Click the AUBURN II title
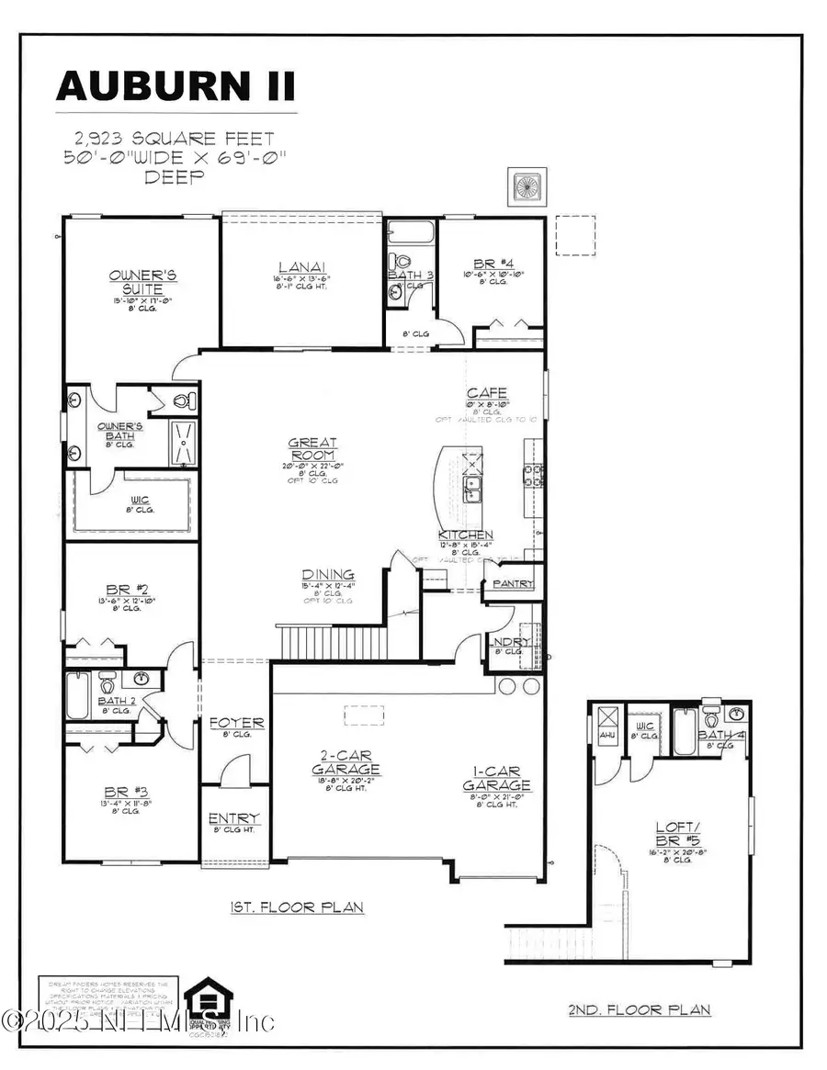176,85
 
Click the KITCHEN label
466,535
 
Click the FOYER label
235,723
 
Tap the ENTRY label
233,818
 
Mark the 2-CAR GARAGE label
346,761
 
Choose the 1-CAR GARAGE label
496,778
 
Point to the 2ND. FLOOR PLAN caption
640,1009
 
